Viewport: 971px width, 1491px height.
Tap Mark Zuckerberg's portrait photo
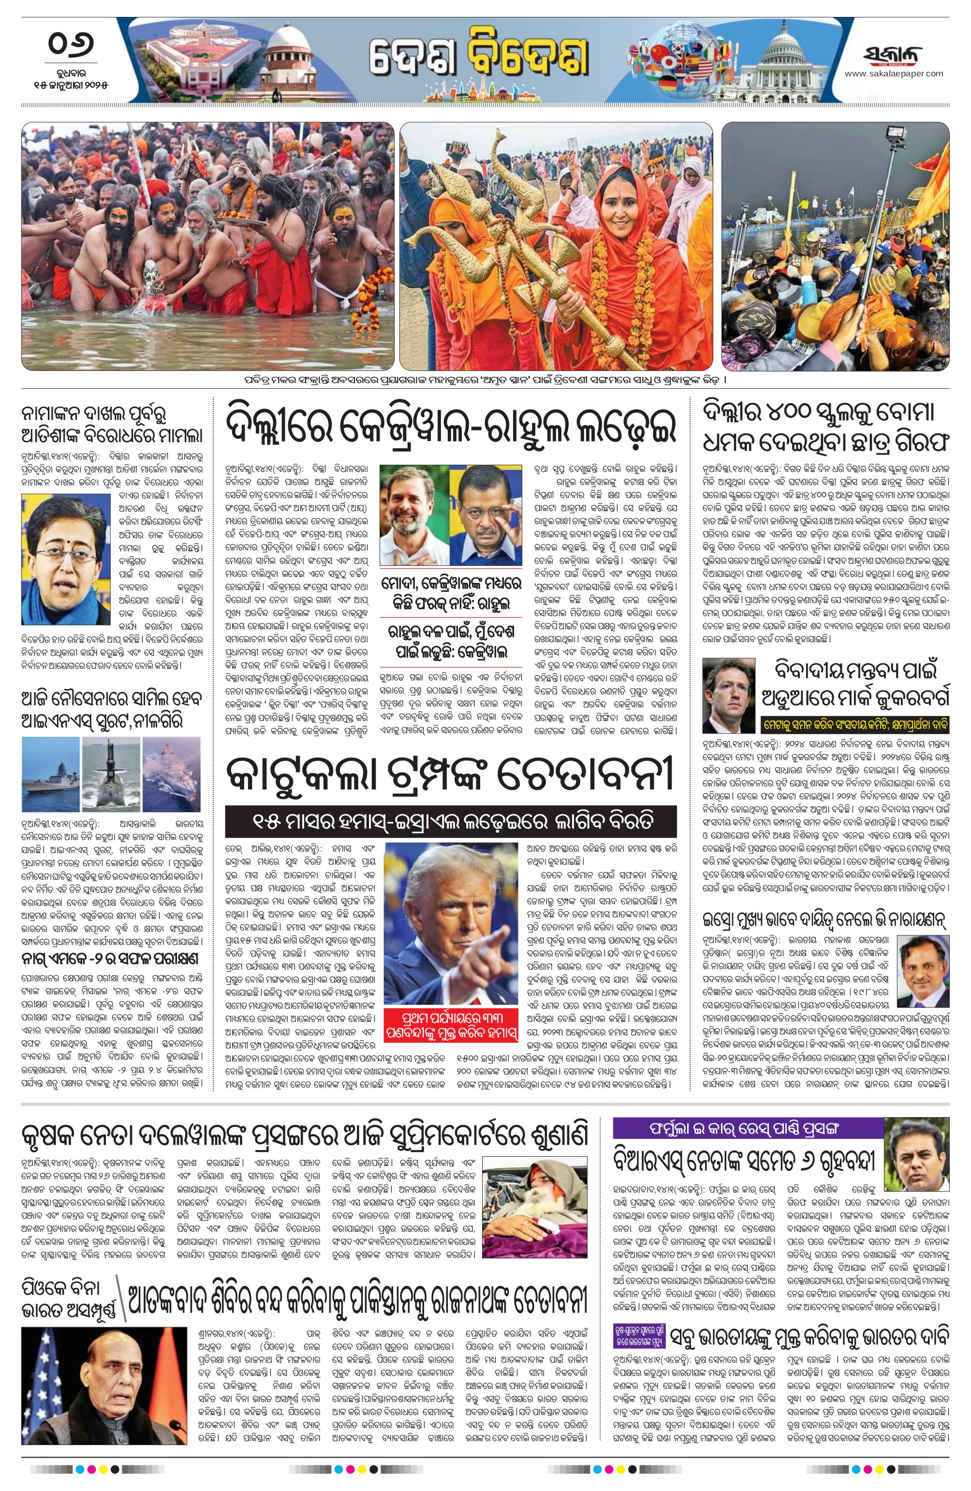pyautogui.click(x=729, y=695)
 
